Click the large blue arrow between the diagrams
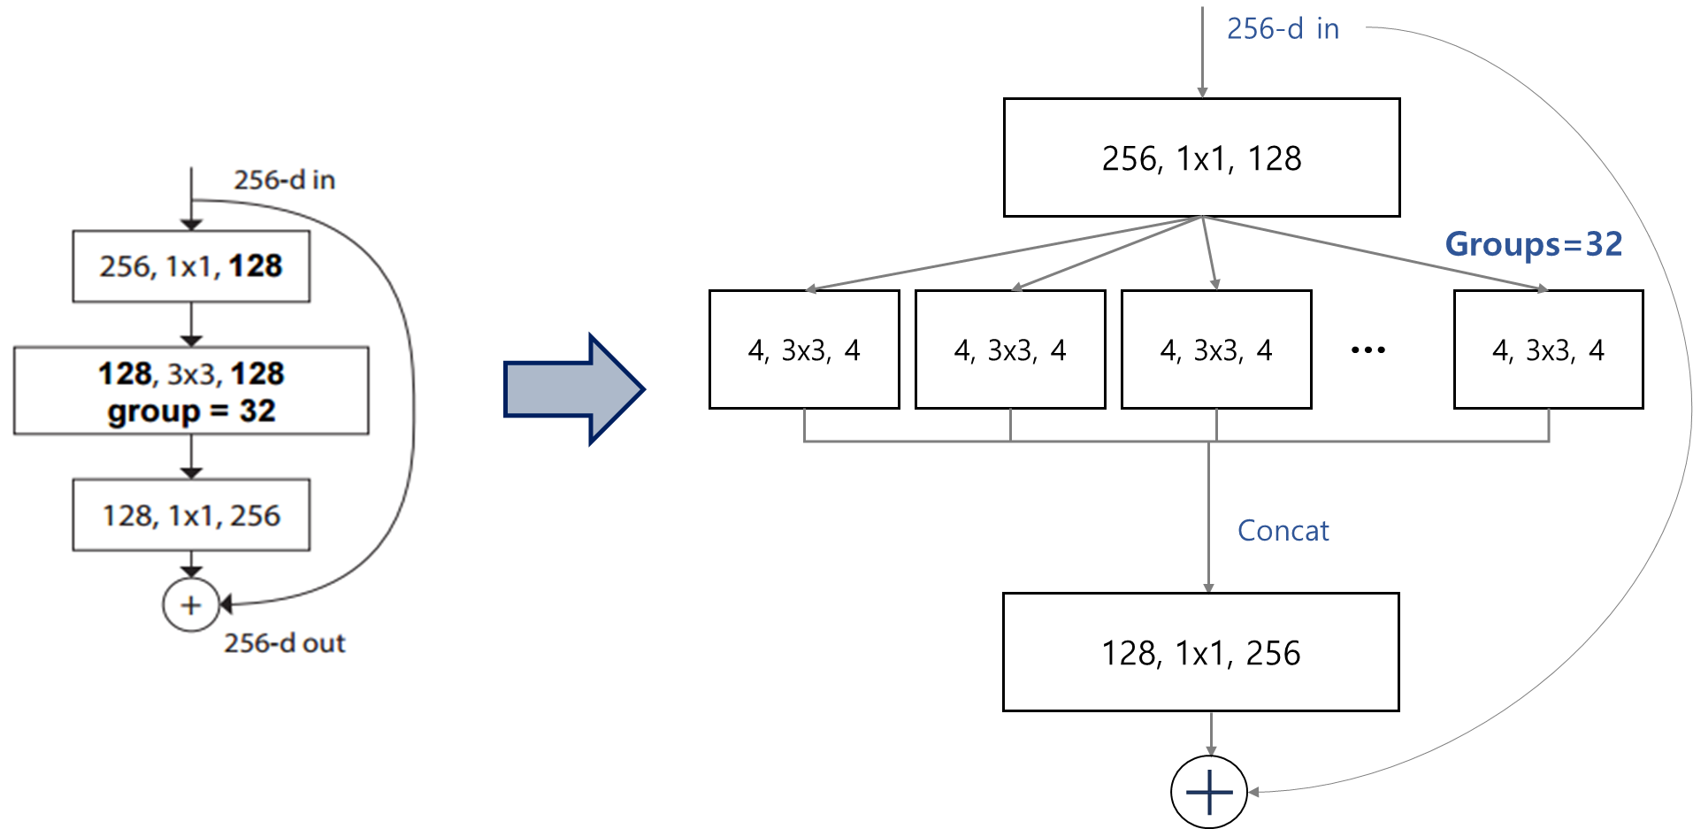tap(573, 389)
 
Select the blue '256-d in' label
tap(1283, 29)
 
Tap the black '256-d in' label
tap(284, 180)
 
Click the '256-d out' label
tap(284, 643)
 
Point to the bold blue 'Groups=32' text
tap(1534, 244)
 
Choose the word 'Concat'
tap(1283, 531)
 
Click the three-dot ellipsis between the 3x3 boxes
tap(1368, 350)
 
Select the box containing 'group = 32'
tap(191, 390)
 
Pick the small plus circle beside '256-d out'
tap(191, 605)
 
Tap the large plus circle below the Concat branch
tap(1209, 792)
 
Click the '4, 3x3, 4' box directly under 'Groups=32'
tap(1549, 349)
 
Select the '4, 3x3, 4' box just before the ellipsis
tap(1216, 349)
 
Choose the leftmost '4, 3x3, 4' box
tap(804, 349)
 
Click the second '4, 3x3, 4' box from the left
tap(1010, 349)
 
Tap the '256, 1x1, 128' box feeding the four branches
tap(1202, 157)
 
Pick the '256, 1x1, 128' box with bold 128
tap(191, 266)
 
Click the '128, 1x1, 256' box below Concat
tap(1201, 652)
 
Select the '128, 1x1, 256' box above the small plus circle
tap(191, 515)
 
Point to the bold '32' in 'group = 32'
tap(257, 411)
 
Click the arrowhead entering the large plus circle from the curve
tap(1254, 792)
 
